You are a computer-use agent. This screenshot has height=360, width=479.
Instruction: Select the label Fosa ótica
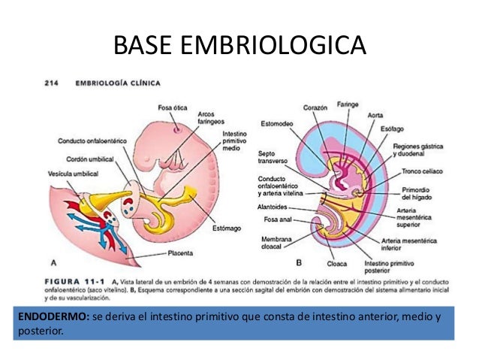click(173, 107)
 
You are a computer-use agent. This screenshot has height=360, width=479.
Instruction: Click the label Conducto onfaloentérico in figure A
click(92, 141)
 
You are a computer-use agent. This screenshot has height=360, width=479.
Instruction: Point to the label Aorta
click(375, 116)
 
